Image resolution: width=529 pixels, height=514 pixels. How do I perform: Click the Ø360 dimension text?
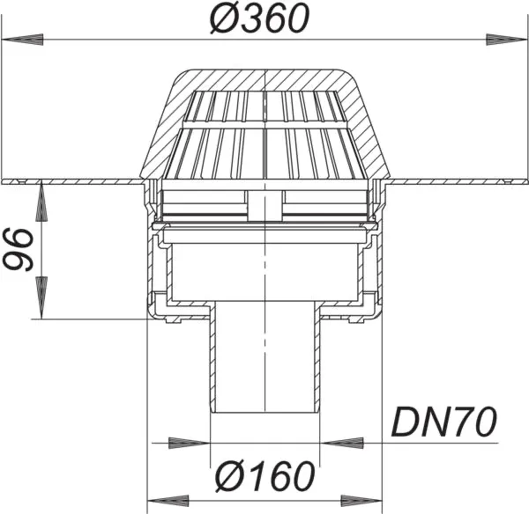pyautogui.click(x=264, y=19)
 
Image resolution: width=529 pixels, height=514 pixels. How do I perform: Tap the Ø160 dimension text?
pyautogui.click(x=264, y=476)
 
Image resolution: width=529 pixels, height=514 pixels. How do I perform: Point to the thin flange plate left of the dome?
pyautogui.click(x=71, y=182)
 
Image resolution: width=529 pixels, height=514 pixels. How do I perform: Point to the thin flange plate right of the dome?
pyautogui.click(x=458, y=182)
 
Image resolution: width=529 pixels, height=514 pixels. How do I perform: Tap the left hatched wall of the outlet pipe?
pyautogui.click(x=212, y=361)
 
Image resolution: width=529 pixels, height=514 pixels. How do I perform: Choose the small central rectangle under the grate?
pyautogui.click(x=264, y=207)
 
